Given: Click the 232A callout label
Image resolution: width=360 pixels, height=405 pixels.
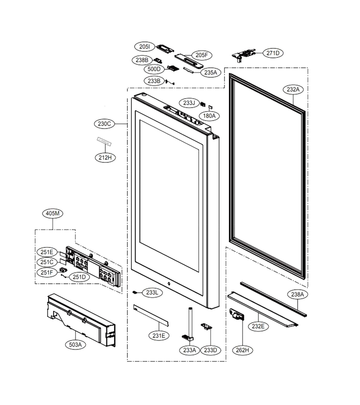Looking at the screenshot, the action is (x=293, y=90).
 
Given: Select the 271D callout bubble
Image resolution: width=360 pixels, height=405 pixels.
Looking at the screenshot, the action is (x=273, y=53).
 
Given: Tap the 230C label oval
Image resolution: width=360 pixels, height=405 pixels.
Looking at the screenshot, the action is (x=104, y=124).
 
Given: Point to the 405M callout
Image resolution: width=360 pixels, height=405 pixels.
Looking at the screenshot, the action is (x=53, y=213).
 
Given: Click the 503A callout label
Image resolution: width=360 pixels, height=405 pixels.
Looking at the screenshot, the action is (x=76, y=344).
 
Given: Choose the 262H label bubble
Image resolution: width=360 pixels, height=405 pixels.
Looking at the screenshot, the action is (x=243, y=350).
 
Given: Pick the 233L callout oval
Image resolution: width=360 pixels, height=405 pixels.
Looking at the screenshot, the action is (x=152, y=292).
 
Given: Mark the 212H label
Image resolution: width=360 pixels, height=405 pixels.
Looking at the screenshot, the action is (x=105, y=157).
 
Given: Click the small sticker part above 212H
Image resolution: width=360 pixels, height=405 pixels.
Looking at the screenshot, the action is (x=103, y=141).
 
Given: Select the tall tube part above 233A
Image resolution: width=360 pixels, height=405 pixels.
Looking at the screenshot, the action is (x=190, y=324).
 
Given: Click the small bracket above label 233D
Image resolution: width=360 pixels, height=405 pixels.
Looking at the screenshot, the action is (x=207, y=327).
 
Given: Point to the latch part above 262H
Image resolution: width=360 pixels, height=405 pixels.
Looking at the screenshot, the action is (x=237, y=314).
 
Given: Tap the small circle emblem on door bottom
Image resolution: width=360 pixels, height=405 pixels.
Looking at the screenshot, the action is (x=169, y=283).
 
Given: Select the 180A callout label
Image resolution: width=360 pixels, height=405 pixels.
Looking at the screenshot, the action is (x=209, y=116).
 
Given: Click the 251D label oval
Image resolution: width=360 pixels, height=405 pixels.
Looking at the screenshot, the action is (x=79, y=277).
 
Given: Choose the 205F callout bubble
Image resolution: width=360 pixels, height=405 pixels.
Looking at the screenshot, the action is (x=202, y=55).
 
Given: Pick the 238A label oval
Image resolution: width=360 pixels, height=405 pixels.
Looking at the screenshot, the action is (x=297, y=294).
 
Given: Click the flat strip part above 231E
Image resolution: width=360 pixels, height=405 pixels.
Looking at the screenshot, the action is (x=151, y=315).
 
